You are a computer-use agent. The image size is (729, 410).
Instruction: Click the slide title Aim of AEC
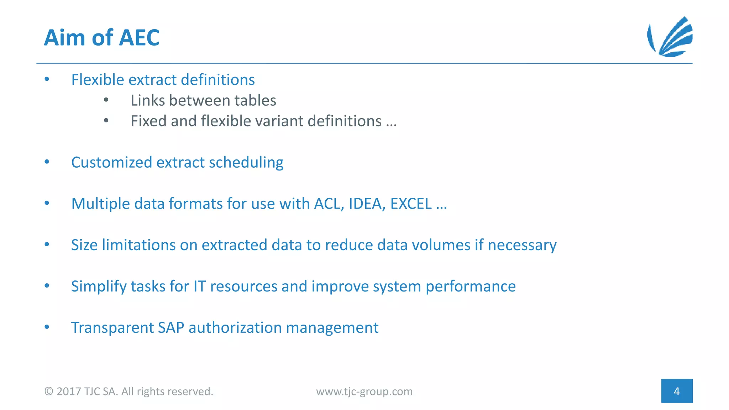[x=102, y=37]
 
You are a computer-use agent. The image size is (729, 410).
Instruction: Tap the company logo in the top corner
[x=670, y=37]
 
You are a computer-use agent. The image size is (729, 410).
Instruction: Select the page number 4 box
[x=677, y=391]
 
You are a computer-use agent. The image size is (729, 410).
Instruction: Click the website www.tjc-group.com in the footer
[x=364, y=391]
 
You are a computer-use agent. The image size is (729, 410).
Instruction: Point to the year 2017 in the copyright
[x=68, y=391]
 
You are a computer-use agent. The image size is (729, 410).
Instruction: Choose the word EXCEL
[x=411, y=204]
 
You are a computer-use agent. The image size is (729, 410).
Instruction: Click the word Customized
[x=111, y=163]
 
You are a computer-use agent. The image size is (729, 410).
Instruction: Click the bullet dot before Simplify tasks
[x=47, y=286]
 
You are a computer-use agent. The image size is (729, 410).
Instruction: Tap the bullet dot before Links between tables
[x=106, y=100]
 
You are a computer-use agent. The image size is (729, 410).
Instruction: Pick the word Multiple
[x=100, y=204]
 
